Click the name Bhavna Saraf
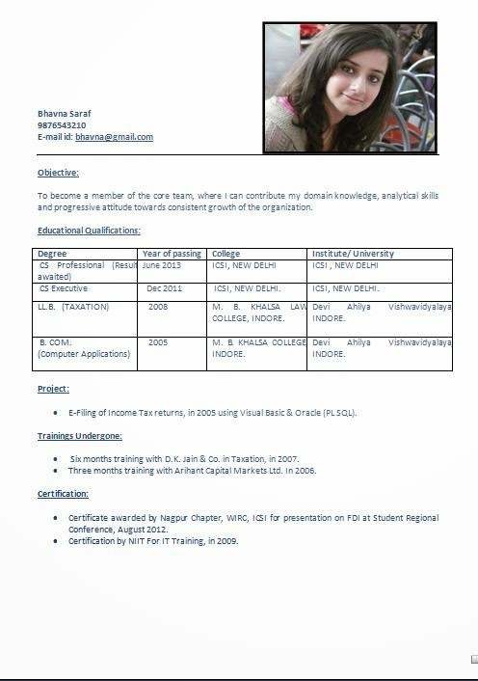(x=64, y=114)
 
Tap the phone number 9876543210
(x=62, y=125)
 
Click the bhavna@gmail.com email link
(x=114, y=137)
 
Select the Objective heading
(x=58, y=173)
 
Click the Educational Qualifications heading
(x=89, y=231)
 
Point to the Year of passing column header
(x=172, y=254)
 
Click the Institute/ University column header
(x=353, y=254)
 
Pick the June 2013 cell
(x=161, y=265)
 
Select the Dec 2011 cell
(x=164, y=288)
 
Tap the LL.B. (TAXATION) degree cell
(x=73, y=307)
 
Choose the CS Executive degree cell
(x=64, y=288)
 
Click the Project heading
(x=53, y=389)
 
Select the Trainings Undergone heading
(x=79, y=436)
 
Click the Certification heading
(x=63, y=494)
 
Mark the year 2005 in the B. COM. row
(x=157, y=342)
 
